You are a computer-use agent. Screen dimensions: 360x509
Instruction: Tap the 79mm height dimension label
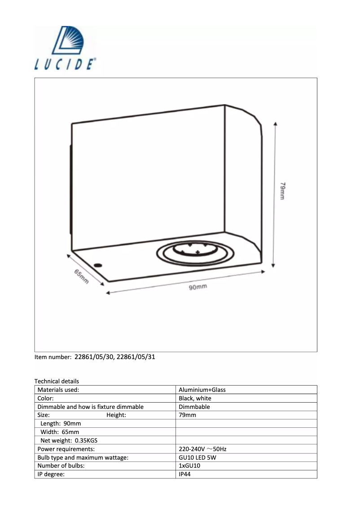point(282,191)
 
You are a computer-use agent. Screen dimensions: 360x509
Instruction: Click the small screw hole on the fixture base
point(98,264)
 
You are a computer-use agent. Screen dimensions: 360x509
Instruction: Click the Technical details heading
point(57,381)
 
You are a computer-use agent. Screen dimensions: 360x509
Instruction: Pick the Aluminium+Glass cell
point(202,390)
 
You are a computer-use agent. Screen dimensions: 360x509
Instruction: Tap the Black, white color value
point(195,398)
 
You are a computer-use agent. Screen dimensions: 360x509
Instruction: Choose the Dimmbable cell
point(194,407)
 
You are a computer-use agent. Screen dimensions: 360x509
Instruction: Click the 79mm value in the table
point(187,415)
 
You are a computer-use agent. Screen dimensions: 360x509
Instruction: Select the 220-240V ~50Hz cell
point(206,449)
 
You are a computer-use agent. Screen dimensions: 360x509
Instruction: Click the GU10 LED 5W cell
point(197,457)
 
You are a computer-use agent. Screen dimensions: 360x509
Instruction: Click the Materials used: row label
point(58,390)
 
